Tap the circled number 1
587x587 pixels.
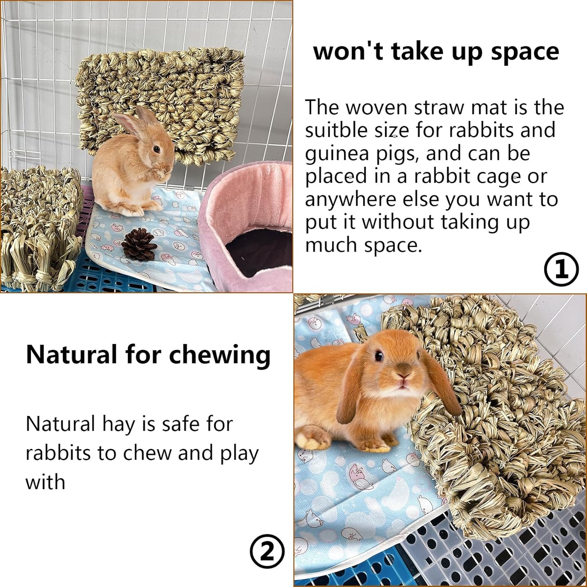(561, 269)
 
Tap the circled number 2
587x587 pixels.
(267, 551)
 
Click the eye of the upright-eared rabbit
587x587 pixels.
(156, 149)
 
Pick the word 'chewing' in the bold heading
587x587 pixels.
(219, 355)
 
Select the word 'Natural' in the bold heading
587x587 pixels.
(71, 355)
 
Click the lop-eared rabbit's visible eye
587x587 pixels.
(379, 356)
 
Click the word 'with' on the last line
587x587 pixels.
(45, 482)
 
